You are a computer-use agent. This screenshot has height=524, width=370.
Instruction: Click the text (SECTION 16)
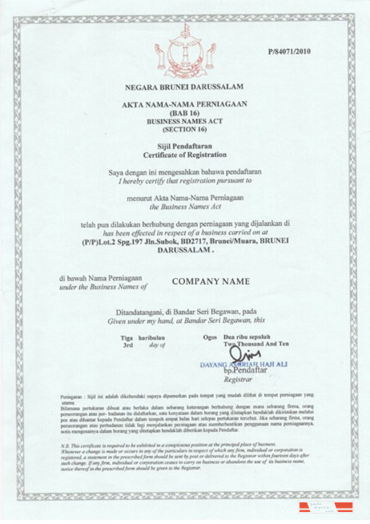point(183,128)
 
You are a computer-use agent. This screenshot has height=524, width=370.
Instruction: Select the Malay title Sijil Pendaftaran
point(183,147)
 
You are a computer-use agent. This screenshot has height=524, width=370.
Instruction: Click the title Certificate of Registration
point(183,155)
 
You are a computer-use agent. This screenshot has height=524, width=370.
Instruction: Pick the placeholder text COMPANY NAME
point(211,281)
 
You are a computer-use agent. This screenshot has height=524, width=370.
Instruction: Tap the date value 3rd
point(127,345)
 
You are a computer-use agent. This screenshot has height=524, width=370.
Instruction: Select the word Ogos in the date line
point(211,337)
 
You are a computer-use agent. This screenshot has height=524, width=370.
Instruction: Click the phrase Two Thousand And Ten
point(255,345)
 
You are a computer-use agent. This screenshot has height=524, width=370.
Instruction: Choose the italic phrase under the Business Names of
point(103,286)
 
